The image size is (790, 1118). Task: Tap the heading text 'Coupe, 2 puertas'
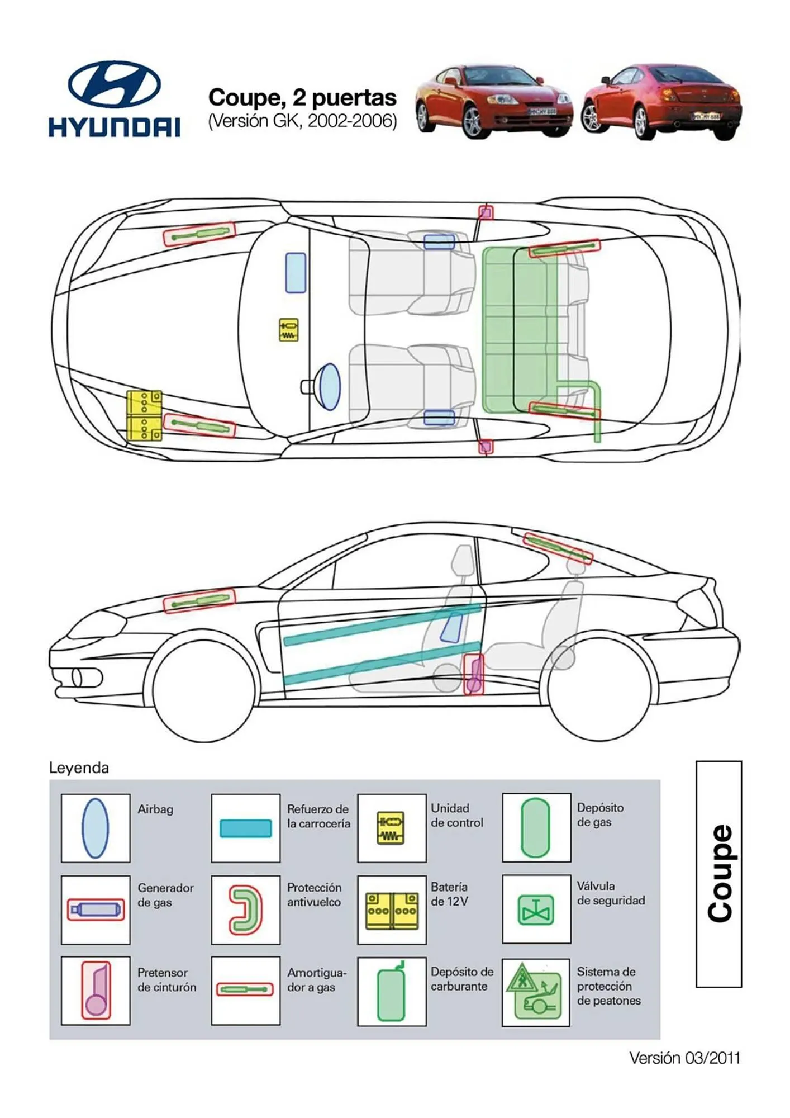click(x=302, y=98)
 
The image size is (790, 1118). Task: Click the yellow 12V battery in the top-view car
click(x=144, y=415)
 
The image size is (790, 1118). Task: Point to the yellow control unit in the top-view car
click(x=288, y=330)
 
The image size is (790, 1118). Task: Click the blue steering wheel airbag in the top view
click(x=329, y=387)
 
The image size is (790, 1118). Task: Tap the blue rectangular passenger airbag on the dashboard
click(x=296, y=272)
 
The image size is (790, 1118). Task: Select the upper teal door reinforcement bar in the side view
click(x=382, y=625)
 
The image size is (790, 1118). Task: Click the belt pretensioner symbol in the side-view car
click(x=474, y=674)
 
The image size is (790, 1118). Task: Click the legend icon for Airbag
click(x=95, y=828)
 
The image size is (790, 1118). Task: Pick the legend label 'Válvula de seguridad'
click(x=611, y=893)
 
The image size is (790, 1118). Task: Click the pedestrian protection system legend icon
click(x=535, y=992)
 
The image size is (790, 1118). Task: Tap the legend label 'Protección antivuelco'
click(x=314, y=894)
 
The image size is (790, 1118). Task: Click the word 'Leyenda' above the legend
click(x=79, y=768)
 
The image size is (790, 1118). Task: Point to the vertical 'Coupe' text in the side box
click(x=719, y=873)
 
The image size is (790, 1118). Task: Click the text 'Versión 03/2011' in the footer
click(x=684, y=1058)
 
